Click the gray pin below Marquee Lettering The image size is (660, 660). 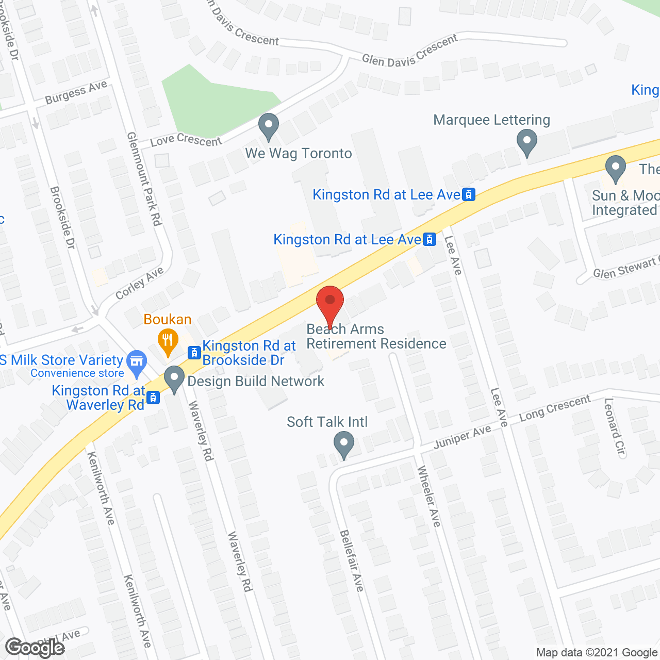(526, 142)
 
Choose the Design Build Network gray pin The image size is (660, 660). (174, 379)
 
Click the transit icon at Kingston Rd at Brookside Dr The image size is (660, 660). (194, 353)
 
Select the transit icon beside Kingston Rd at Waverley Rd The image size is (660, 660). (153, 398)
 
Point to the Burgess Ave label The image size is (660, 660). (76, 92)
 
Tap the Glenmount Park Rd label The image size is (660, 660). (145, 178)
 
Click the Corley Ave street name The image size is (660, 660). (139, 283)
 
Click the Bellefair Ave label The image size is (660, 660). (352, 560)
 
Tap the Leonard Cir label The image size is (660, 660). (615, 427)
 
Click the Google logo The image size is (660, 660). (35, 648)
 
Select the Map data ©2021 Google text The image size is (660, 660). (597, 653)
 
